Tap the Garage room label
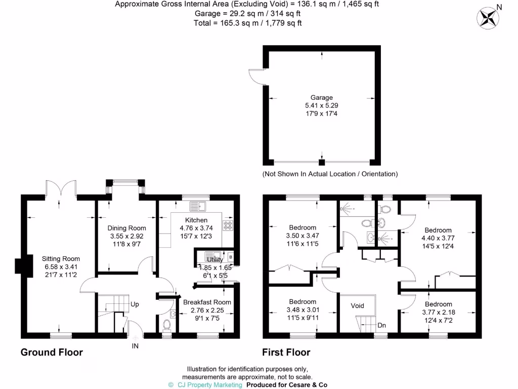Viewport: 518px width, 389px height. click(322, 97)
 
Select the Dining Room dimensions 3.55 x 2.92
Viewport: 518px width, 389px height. click(127, 236)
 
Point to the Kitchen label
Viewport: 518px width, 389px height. click(196, 220)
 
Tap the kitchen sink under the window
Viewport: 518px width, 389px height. click(197, 206)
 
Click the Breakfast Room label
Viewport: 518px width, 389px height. click(207, 302)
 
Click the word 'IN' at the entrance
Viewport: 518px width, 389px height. click(135, 346)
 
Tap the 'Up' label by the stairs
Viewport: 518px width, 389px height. click(135, 304)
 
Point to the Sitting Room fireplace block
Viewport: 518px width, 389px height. click(19, 265)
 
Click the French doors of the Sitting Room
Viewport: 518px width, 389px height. click(61, 188)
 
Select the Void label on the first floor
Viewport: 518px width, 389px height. click(358, 306)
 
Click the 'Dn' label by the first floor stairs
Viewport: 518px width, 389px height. click(381, 325)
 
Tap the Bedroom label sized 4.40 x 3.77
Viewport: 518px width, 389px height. click(438, 230)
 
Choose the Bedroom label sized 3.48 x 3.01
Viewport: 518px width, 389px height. click(303, 301)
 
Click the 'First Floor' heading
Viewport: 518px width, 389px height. click(286, 352)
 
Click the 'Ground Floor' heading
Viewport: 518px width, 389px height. click(52, 352)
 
